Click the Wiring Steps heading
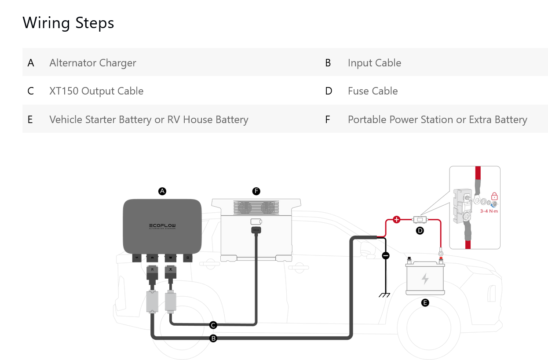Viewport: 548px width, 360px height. (68, 22)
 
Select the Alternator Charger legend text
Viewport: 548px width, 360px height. (92, 63)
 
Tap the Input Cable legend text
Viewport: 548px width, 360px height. (374, 63)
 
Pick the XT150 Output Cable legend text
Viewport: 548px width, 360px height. (96, 91)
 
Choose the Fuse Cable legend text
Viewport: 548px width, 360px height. (373, 91)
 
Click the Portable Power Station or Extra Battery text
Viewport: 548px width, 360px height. (437, 120)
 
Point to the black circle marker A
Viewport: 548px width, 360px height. (162, 191)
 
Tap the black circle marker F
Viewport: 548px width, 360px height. (256, 191)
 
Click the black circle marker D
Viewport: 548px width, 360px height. (420, 230)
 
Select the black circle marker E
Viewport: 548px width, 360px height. (425, 302)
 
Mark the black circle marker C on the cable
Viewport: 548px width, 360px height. (213, 325)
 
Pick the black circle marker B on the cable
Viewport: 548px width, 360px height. (213, 338)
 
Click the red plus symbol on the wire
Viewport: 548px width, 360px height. (396, 219)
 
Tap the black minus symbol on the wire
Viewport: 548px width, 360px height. (386, 255)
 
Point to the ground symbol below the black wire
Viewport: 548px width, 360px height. (385, 295)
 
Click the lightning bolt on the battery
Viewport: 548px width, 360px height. (425, 278)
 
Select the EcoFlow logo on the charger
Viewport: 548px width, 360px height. (162, 226)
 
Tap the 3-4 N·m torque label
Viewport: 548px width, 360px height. (489, 211)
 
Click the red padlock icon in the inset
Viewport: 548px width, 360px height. (494, 196)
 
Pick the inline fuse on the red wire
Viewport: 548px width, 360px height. (420, 219)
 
